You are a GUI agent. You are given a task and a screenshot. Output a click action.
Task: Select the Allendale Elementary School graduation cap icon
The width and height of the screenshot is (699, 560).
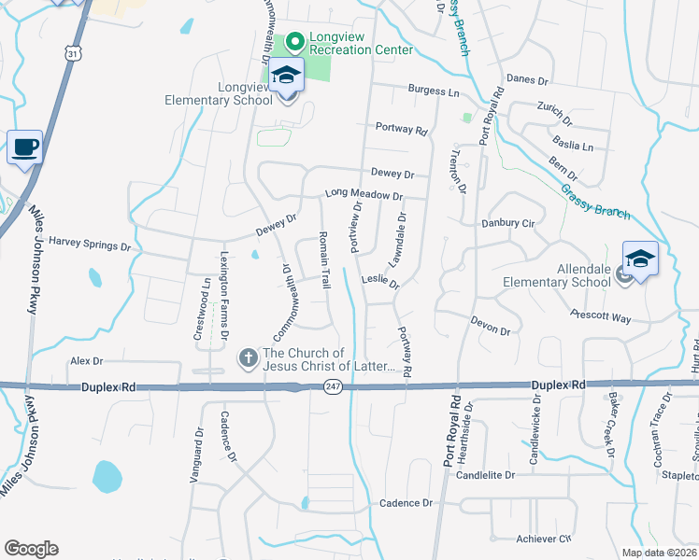coord(640,259)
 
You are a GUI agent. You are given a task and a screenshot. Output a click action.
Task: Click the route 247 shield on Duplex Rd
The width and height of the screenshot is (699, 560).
coord(333,385)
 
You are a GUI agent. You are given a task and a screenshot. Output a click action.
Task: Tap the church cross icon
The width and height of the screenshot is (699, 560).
coord(248,357)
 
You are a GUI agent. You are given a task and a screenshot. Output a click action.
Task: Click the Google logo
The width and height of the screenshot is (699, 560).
coord(31,549)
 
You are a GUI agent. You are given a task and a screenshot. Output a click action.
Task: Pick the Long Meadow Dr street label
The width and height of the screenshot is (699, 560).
coord(364,195)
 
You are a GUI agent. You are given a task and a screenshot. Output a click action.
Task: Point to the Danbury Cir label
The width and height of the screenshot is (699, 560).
coord(506,224)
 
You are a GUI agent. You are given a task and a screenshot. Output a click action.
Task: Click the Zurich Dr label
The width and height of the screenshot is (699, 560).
coord(554,113)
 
